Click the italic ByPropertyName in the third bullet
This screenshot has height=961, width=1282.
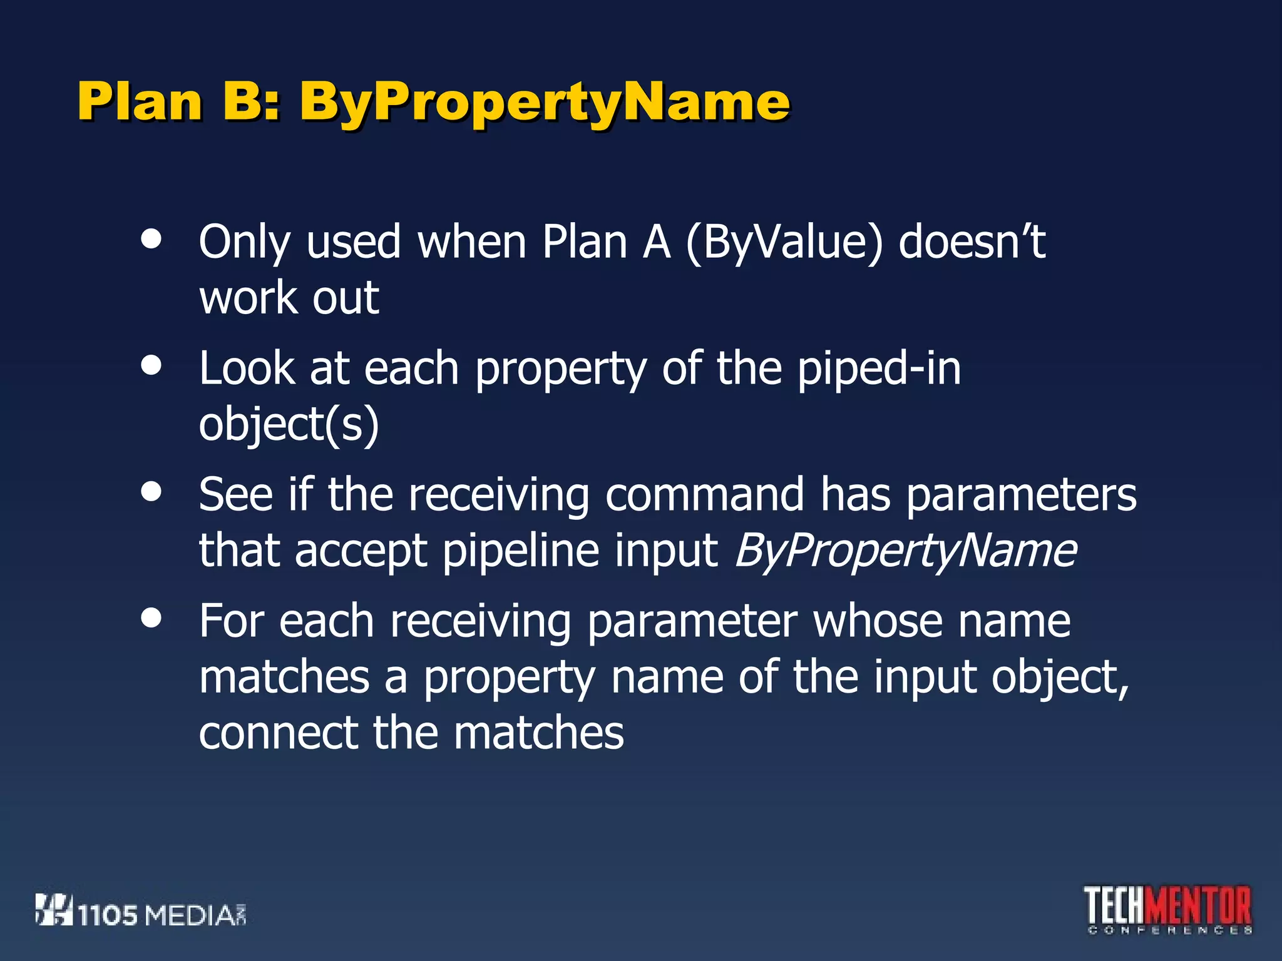coord(905,551)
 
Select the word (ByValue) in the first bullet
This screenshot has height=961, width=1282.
coord(784,242)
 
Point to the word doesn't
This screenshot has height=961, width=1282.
coord(972,242)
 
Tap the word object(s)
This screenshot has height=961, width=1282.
coord(289,424)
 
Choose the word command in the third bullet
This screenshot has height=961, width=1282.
coord(704,494)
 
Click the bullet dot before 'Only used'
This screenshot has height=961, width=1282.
coord(151,239)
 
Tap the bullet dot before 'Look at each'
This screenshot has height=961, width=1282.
coord(151,365)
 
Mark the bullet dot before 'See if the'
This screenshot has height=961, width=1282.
coord(151,492)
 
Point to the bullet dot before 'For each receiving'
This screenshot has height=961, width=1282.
coord(151,618)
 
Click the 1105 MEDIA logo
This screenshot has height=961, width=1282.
coord(141,911)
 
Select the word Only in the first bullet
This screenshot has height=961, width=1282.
coord(244,242)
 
